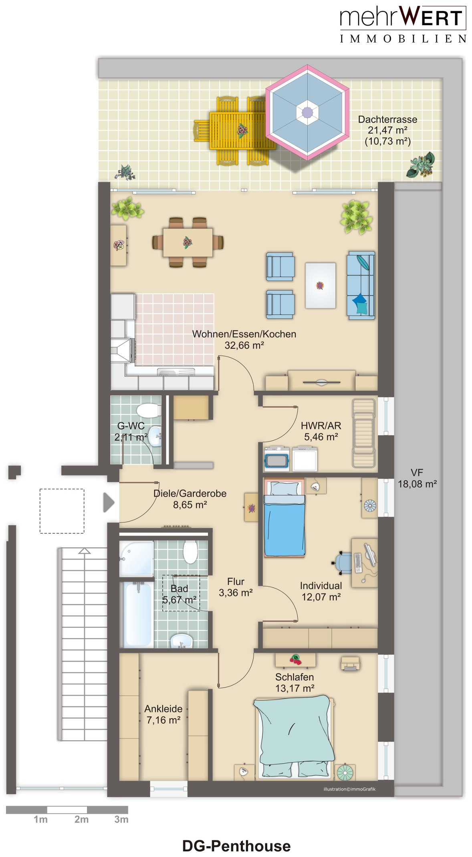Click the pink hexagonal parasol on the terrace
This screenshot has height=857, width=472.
coord(307,112)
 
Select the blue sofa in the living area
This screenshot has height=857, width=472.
coord(361,285)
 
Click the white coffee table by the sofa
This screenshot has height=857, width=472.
coord(320,285)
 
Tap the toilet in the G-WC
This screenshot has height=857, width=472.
coord(148,410)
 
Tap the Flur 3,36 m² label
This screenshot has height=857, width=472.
coord(236,587)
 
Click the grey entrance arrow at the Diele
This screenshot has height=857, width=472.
coord(109,502)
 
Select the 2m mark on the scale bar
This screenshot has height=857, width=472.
coord(81,819)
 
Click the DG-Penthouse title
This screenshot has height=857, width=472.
coord(236,846)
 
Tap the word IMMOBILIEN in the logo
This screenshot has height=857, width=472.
coord(403,39)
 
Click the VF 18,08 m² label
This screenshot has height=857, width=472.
coord(417,478)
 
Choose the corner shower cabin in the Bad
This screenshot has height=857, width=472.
coord(137,559)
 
